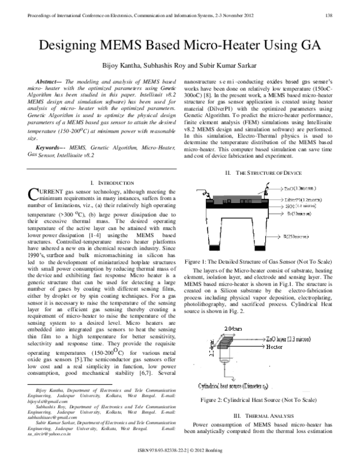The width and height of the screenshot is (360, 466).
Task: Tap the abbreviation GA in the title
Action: pos(305,46)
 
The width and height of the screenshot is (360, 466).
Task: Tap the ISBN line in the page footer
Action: pos(180,450)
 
